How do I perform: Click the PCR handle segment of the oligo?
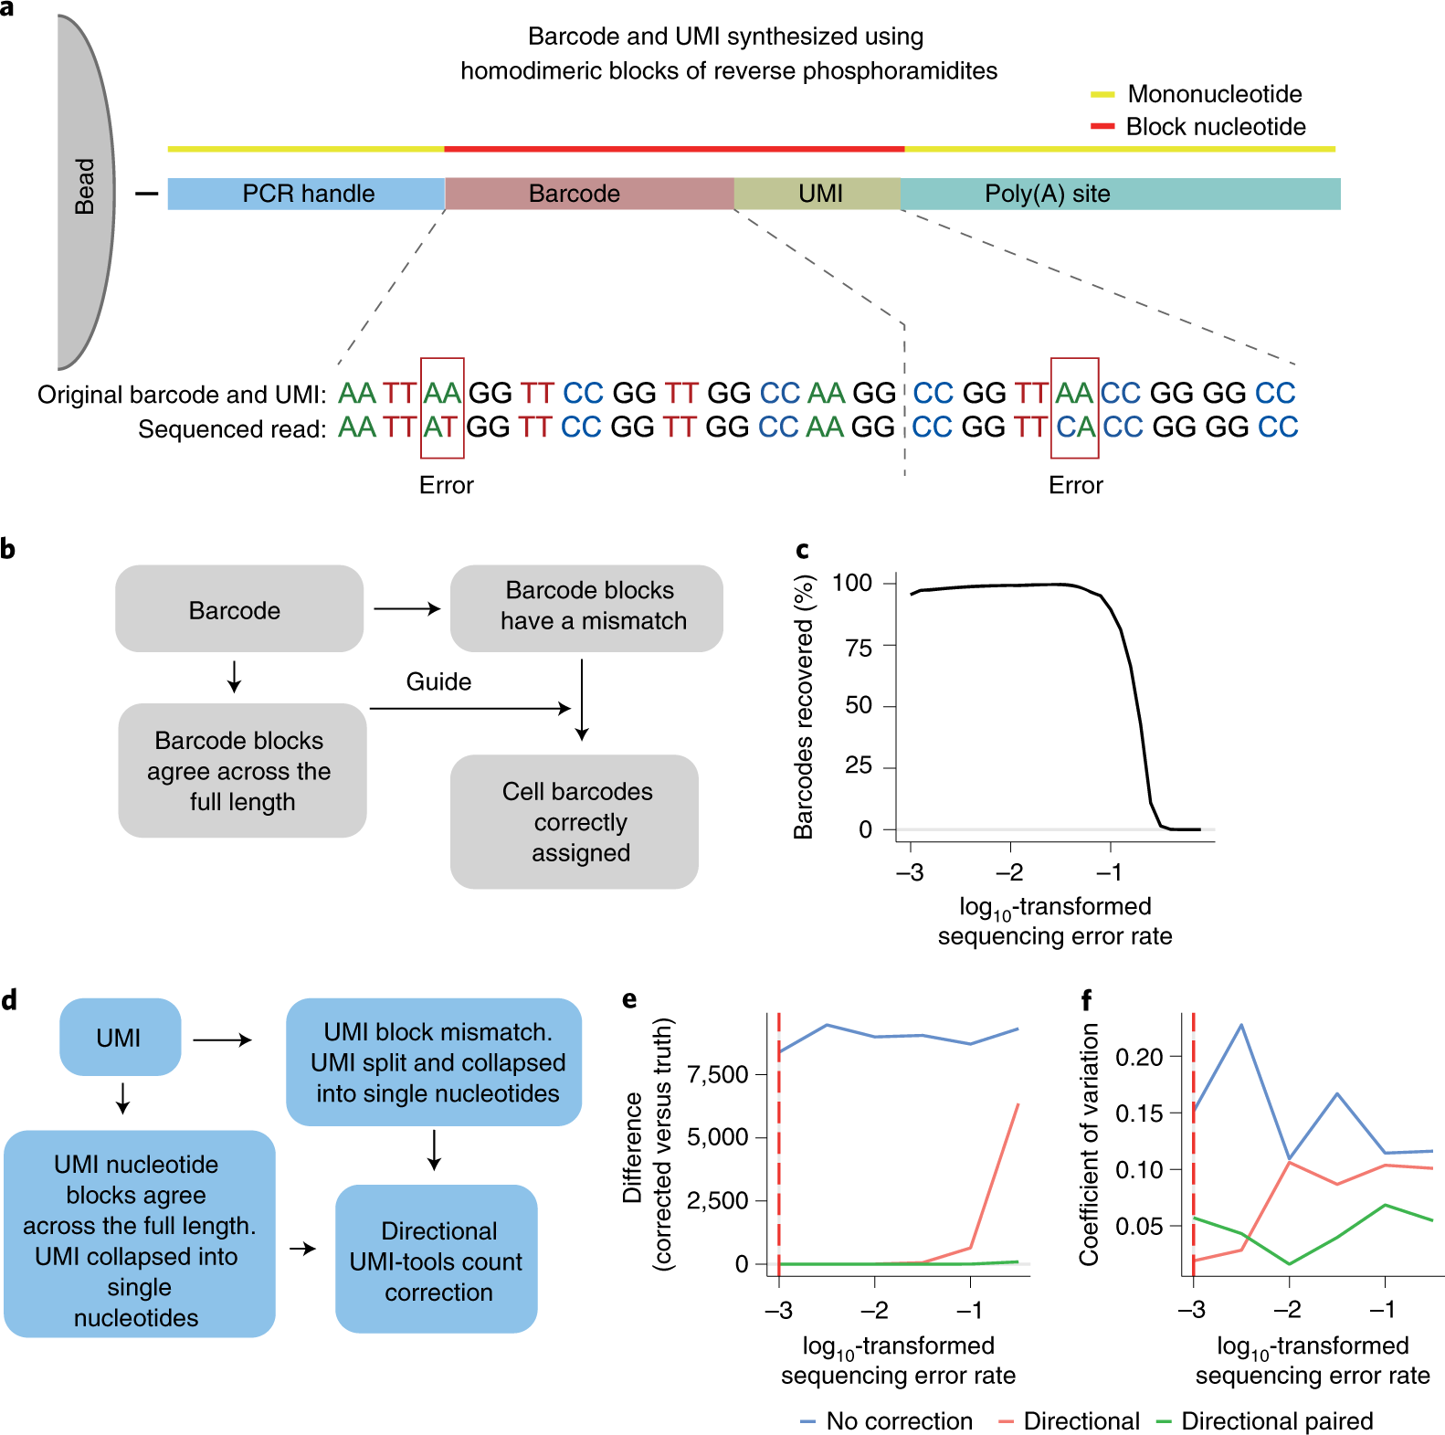[307, 194]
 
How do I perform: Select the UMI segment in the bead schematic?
[818, 194]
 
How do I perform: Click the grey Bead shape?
[85, 192]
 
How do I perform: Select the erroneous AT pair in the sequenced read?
[440, 427]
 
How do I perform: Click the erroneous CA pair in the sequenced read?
[1075, 427]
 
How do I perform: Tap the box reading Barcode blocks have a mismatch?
[586, 607]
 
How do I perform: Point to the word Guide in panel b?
[438, 682]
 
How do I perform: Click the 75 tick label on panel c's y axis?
[859, 649]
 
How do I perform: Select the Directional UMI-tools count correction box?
[437, 1261]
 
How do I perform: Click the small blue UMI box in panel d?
[120, 1038]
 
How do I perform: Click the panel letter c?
[802, 549]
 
